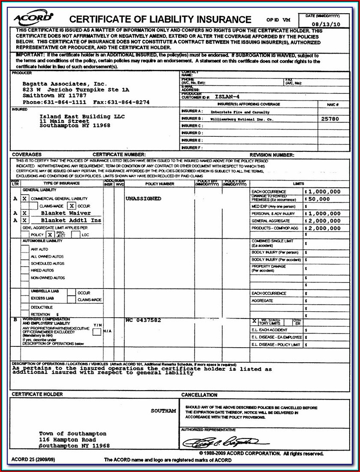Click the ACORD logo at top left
(x=33, y=18)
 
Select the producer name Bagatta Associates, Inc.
(x=58, y=84)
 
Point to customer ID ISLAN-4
(x=228, y=97)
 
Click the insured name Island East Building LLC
(x=82, y=117)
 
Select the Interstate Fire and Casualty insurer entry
(x=240, y=111)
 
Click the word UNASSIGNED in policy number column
(x=143, y=199)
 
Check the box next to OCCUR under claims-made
(x=72, y=206)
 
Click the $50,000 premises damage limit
(x=319, y=199)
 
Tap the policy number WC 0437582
(x=143, y=320)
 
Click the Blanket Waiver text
(x=66, y=213)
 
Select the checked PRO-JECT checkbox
(x=50, y=235)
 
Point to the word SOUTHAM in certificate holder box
(x=163, y=411)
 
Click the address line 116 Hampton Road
(x=67, y=440)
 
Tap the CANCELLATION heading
(x=199, y=395)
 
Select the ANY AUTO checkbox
(x=25, y=249)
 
